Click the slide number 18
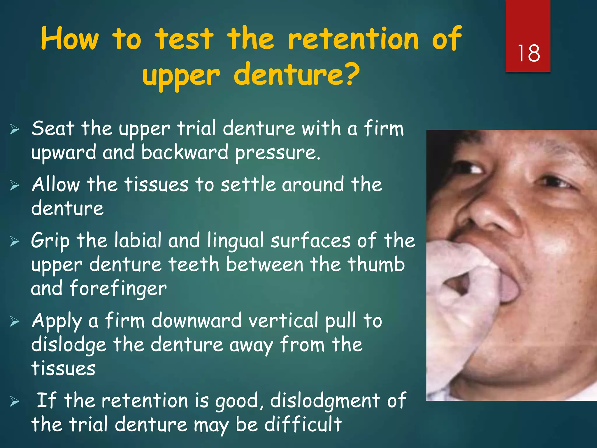pos(528,53)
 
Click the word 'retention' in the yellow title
pos(353,39)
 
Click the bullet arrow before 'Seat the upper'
pos(14,129)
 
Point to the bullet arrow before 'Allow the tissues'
pos(14,185)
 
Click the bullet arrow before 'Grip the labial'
pos(14,241)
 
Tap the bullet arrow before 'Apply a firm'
pos(14,321)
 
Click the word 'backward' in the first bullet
pos(185,153)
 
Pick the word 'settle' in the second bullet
pos(248,185)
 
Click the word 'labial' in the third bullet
pos(138,241)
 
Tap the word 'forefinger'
pos(118,288)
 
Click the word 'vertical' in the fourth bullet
pos(283,321)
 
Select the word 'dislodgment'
pos(325,400)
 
